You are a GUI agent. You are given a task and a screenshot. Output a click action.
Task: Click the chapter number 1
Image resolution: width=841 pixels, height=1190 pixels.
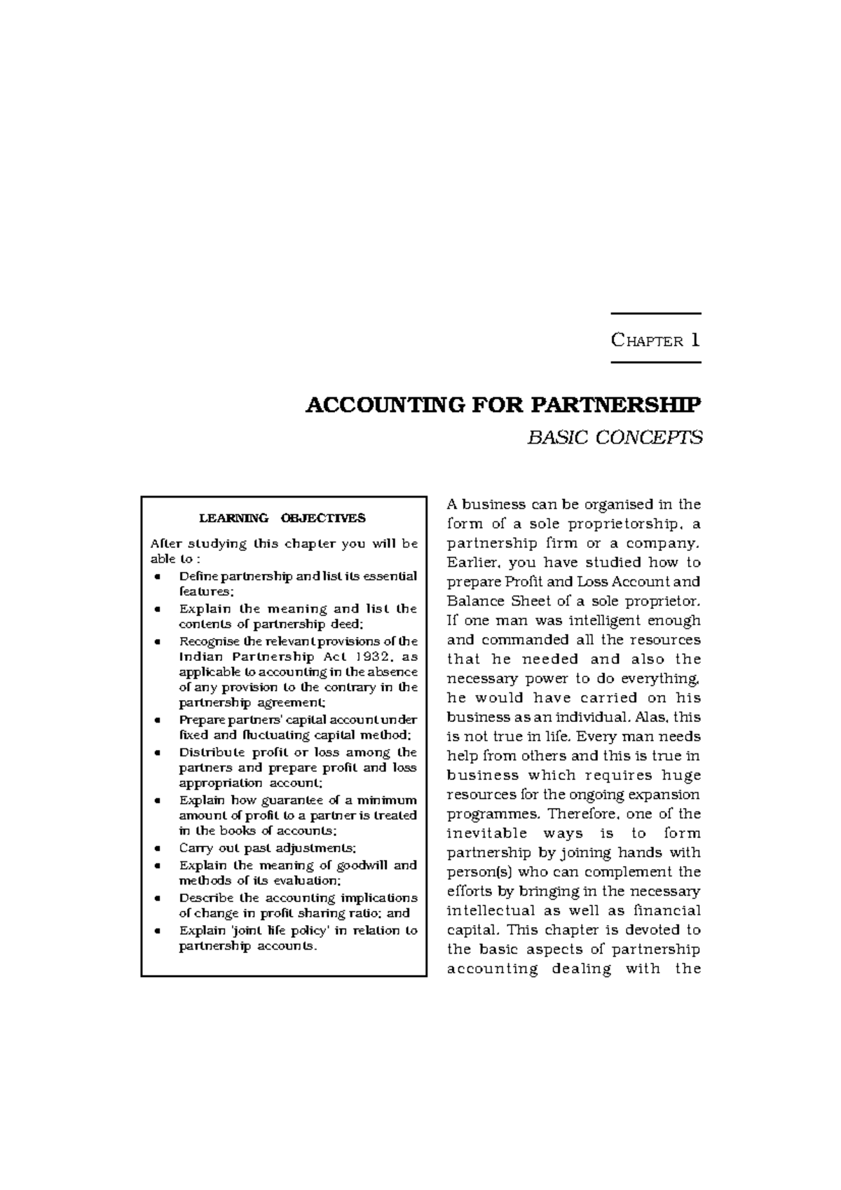pyautogui.click(x=695, y=340)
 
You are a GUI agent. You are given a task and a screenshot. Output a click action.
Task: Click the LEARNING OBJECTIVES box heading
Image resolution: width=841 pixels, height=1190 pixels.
pyautogui.click(x=282, y=519)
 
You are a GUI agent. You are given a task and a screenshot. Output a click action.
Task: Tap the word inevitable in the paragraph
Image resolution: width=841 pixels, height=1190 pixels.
pyautogui.click(x=486, y=833)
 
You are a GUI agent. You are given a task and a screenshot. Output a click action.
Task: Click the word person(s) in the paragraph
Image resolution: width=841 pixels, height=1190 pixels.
pyautogui.click(x=472, y=872)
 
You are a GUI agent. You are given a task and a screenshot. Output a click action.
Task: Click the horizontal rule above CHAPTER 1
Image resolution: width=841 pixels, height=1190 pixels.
pyautogui.click(x=655, y=313)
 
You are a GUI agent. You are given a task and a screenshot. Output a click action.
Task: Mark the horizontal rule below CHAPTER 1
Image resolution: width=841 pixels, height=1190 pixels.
pyautogui.click(x=655, y=362)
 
